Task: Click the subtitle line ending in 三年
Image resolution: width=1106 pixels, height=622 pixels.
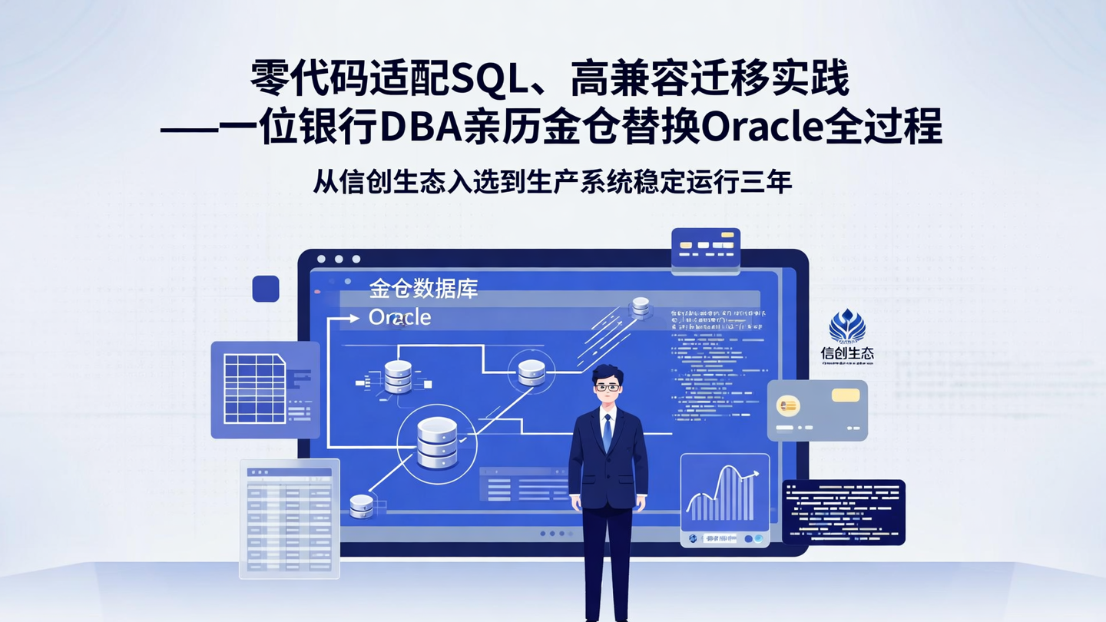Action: pos(552,183)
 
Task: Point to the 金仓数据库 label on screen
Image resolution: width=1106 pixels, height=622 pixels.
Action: pos(423,289)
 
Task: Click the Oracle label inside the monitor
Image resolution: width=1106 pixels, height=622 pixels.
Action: pos(399,317)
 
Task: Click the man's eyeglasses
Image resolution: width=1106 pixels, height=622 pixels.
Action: pos(608,387)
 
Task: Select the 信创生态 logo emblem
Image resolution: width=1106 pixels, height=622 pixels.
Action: pos(847,326)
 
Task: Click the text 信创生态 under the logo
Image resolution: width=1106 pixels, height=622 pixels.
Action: pos(847,354)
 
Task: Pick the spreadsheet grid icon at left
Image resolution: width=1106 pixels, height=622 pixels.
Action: pos(254,389)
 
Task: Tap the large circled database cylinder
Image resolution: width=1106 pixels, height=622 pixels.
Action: pos(437,443)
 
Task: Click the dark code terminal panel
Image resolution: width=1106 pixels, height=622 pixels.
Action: pos(843,511)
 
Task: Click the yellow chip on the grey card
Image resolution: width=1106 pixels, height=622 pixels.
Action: pos(845,395)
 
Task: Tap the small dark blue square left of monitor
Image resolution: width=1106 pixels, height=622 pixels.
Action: pos(266,289)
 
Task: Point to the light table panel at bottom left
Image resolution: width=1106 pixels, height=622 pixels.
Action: pos(290,518)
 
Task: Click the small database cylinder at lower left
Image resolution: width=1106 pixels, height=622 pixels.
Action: pos(361,505)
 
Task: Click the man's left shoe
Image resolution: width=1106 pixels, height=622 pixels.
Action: pos(624,619)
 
